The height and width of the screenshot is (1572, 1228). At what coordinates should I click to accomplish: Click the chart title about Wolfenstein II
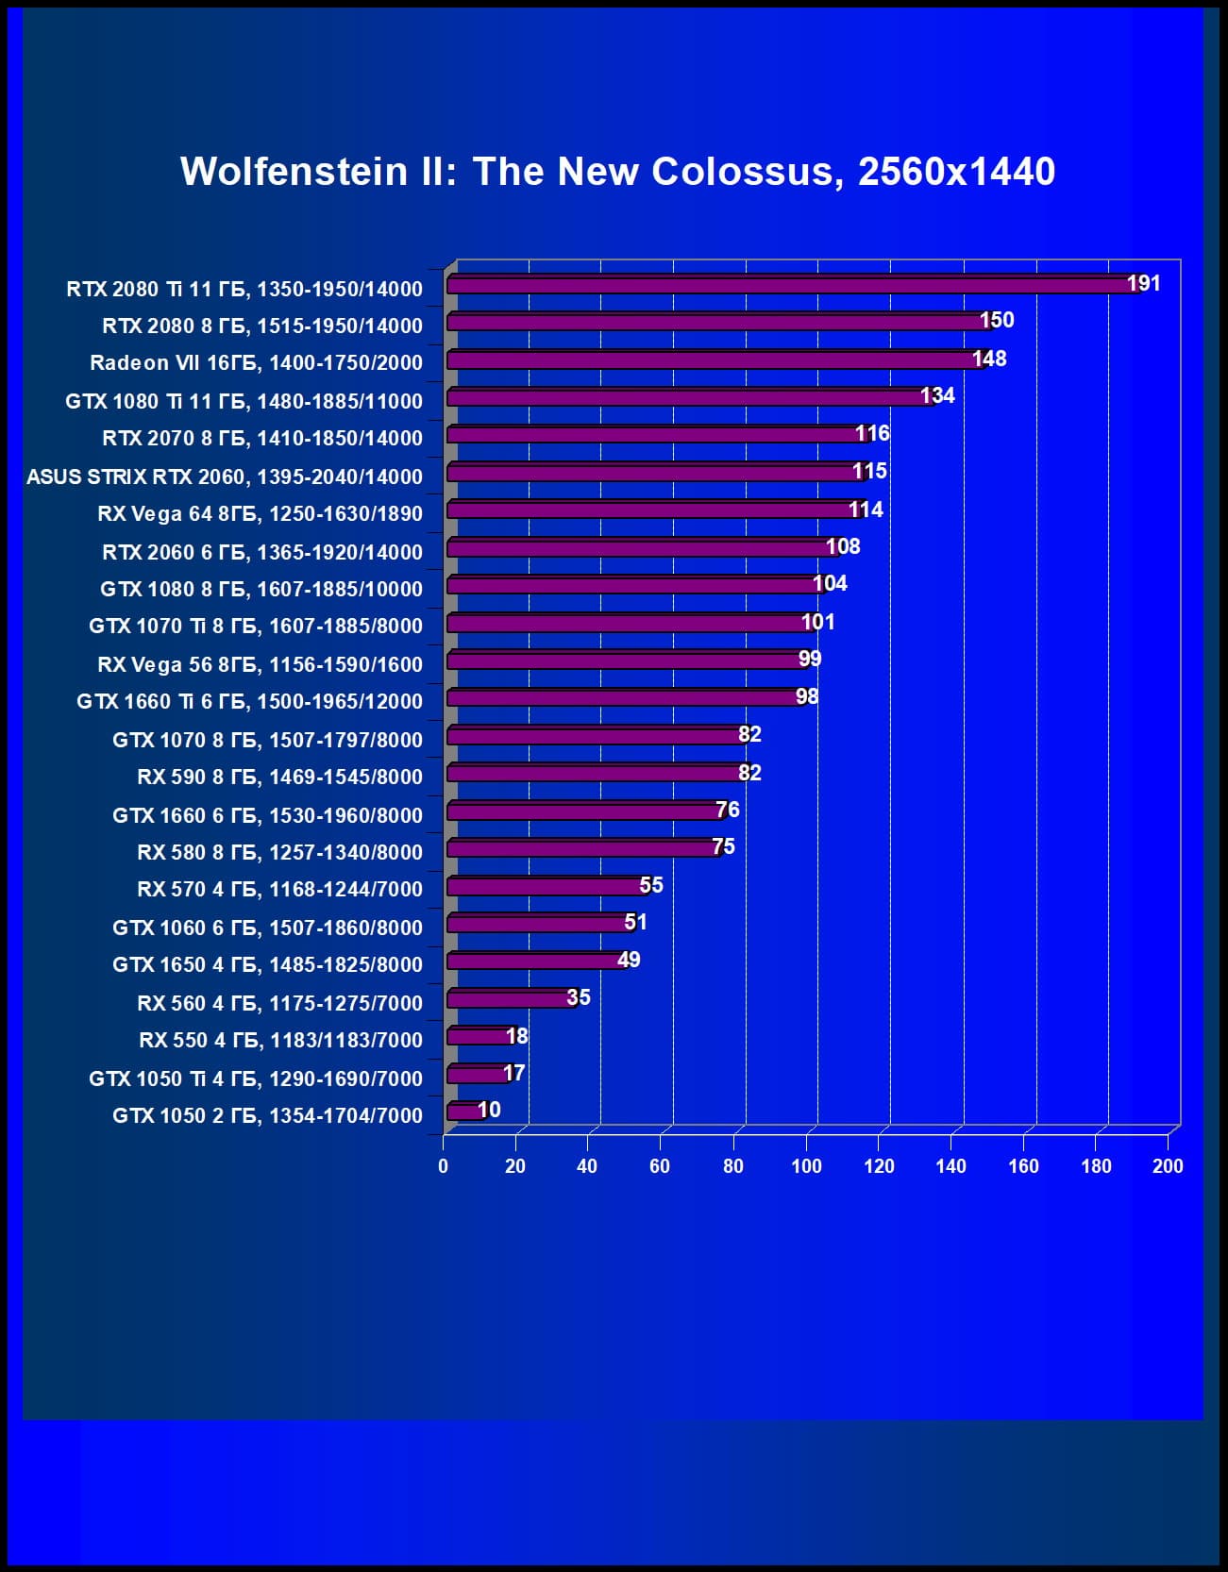click(x=617, y=172)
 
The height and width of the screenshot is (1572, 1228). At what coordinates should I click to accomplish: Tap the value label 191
click(x=1143, y=283)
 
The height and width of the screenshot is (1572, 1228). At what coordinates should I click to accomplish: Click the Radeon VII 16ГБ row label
click(x=256, y=362)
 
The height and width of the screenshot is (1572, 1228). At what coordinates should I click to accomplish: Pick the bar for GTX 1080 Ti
click(x=689, y=397)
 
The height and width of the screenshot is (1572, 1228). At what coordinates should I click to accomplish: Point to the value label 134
click(x=937, y=395)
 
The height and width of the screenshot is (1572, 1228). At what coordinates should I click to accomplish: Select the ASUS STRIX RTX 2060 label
click(x=225, y=477)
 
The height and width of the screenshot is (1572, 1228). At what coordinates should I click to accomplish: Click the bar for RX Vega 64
click(x=651, y=510)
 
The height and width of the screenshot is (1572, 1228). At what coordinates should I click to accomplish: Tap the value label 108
click(x=842, y=546)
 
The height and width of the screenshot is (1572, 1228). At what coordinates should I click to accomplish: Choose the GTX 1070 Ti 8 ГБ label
click(x=256, y=626)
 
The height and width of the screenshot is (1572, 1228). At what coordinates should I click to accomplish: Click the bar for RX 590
click(x=595, y=773)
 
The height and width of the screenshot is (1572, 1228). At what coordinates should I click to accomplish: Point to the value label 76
click(x=727, y=810)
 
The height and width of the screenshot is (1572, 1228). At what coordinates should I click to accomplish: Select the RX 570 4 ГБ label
click(x=279, y=889)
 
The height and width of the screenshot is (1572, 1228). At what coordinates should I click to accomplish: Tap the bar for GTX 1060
click(x=538, y=923)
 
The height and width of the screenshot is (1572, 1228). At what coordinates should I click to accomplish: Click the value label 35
click(x=578, y=997)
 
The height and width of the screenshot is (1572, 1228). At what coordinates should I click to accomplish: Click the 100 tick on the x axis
click(x=806, y=1166)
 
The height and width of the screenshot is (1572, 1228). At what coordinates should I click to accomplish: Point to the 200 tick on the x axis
click(x=1168, y=1166)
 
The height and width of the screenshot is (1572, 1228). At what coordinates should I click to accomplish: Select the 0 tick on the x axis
click(x=443, y=1166)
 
